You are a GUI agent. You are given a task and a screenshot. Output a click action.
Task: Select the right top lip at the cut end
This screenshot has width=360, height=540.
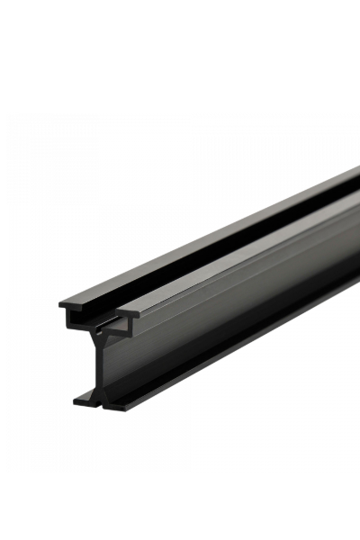(x=126, y=317)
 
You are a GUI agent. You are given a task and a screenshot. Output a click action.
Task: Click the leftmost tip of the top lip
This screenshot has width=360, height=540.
(x=61, y=304)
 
